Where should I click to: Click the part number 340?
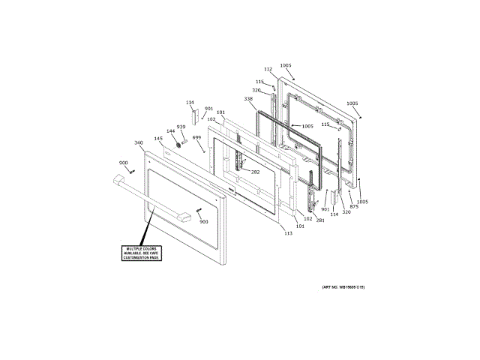click(x=138, y=142)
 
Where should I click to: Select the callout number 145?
click(x=158, y=138)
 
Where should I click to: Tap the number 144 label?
click(x=171, y=131)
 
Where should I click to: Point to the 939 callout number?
click(x=181, y=127)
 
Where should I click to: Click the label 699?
click(x=196, y=137)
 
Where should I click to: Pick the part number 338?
click(x=248, y=99)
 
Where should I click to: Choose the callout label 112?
click(x=268, y=69)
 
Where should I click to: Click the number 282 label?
click(x=255, y=172)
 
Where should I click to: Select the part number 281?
click(x=319, y=220)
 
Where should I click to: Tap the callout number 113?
click(x=288, y=233)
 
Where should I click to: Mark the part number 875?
click(x=354, y=205)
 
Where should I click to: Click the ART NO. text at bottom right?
click(x=343, y=287)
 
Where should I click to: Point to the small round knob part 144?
click(x=178, y=143)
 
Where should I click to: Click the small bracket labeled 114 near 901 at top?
click(x=193, y=115)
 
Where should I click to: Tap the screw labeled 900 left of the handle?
click(x=131, y=171)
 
